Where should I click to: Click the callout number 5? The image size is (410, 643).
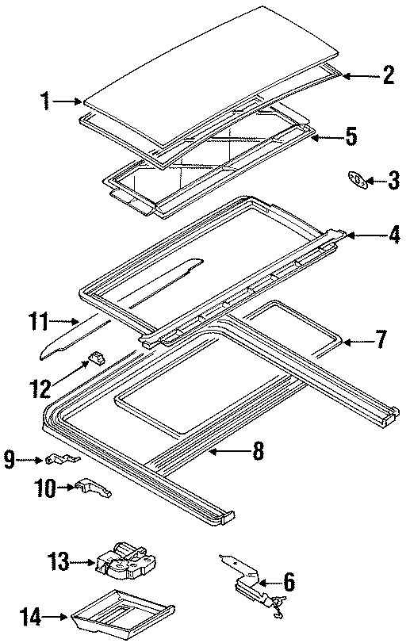point(351,137)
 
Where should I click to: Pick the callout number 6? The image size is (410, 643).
point(289,583)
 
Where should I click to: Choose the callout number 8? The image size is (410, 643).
point(258,451)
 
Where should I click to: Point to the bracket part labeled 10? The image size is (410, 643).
point(93,490)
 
